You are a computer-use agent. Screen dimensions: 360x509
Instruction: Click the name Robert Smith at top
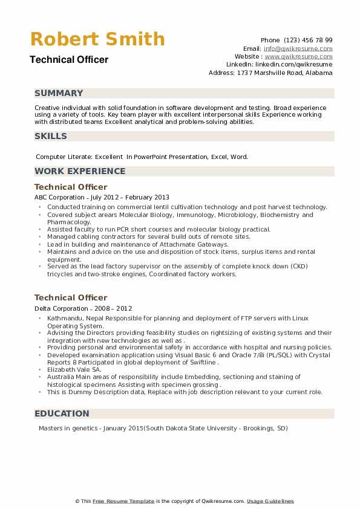pos(97,39)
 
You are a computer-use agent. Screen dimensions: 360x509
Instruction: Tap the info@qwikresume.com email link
pos(298,48)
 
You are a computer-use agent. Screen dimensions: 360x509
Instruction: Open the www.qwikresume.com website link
pos(298,56)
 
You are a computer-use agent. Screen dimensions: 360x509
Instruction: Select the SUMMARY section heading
pos(59,93)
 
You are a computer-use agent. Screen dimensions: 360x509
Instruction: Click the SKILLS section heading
pos(51,136)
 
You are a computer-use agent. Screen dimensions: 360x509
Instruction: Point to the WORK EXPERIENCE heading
pos(80,171)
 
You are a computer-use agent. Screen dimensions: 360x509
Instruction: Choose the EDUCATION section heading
pos(62,413)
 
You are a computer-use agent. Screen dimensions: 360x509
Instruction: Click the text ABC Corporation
pos(59,197)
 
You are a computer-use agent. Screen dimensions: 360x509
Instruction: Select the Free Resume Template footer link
pos(123,501)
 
